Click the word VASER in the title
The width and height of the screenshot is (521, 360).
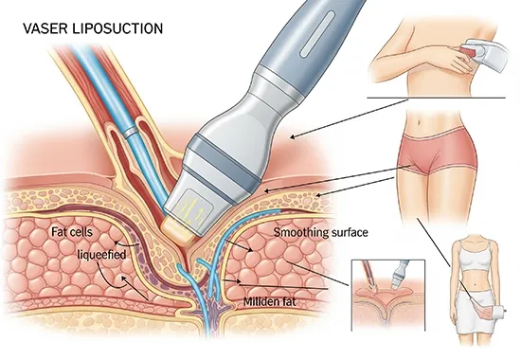pyautogui.click(x=45, y=28)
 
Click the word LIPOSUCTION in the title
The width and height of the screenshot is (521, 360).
pyautogui.click(x=117, y=28)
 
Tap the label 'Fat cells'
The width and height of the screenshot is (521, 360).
pyautogui.click(x=71, y=232)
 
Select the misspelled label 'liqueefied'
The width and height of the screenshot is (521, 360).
pyautogui.click(x=101, y=255)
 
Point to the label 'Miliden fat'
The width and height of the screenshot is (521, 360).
pyautogui.click(x=269, y=302)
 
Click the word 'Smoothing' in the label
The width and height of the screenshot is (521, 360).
pyautogui.click(x=296, y=232)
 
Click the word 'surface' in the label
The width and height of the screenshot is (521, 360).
pyautogui.click(x=345, y=232)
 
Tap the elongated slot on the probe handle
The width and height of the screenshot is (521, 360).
pyautogui.click(x=317, y=33)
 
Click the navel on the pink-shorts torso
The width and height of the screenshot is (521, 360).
pyautogui.click(x=420, y=121)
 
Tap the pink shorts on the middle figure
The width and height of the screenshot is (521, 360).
pyautogui.click(x=437, y=150)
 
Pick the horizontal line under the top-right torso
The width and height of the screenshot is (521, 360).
pyautogui.click(x=436, y=99)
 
